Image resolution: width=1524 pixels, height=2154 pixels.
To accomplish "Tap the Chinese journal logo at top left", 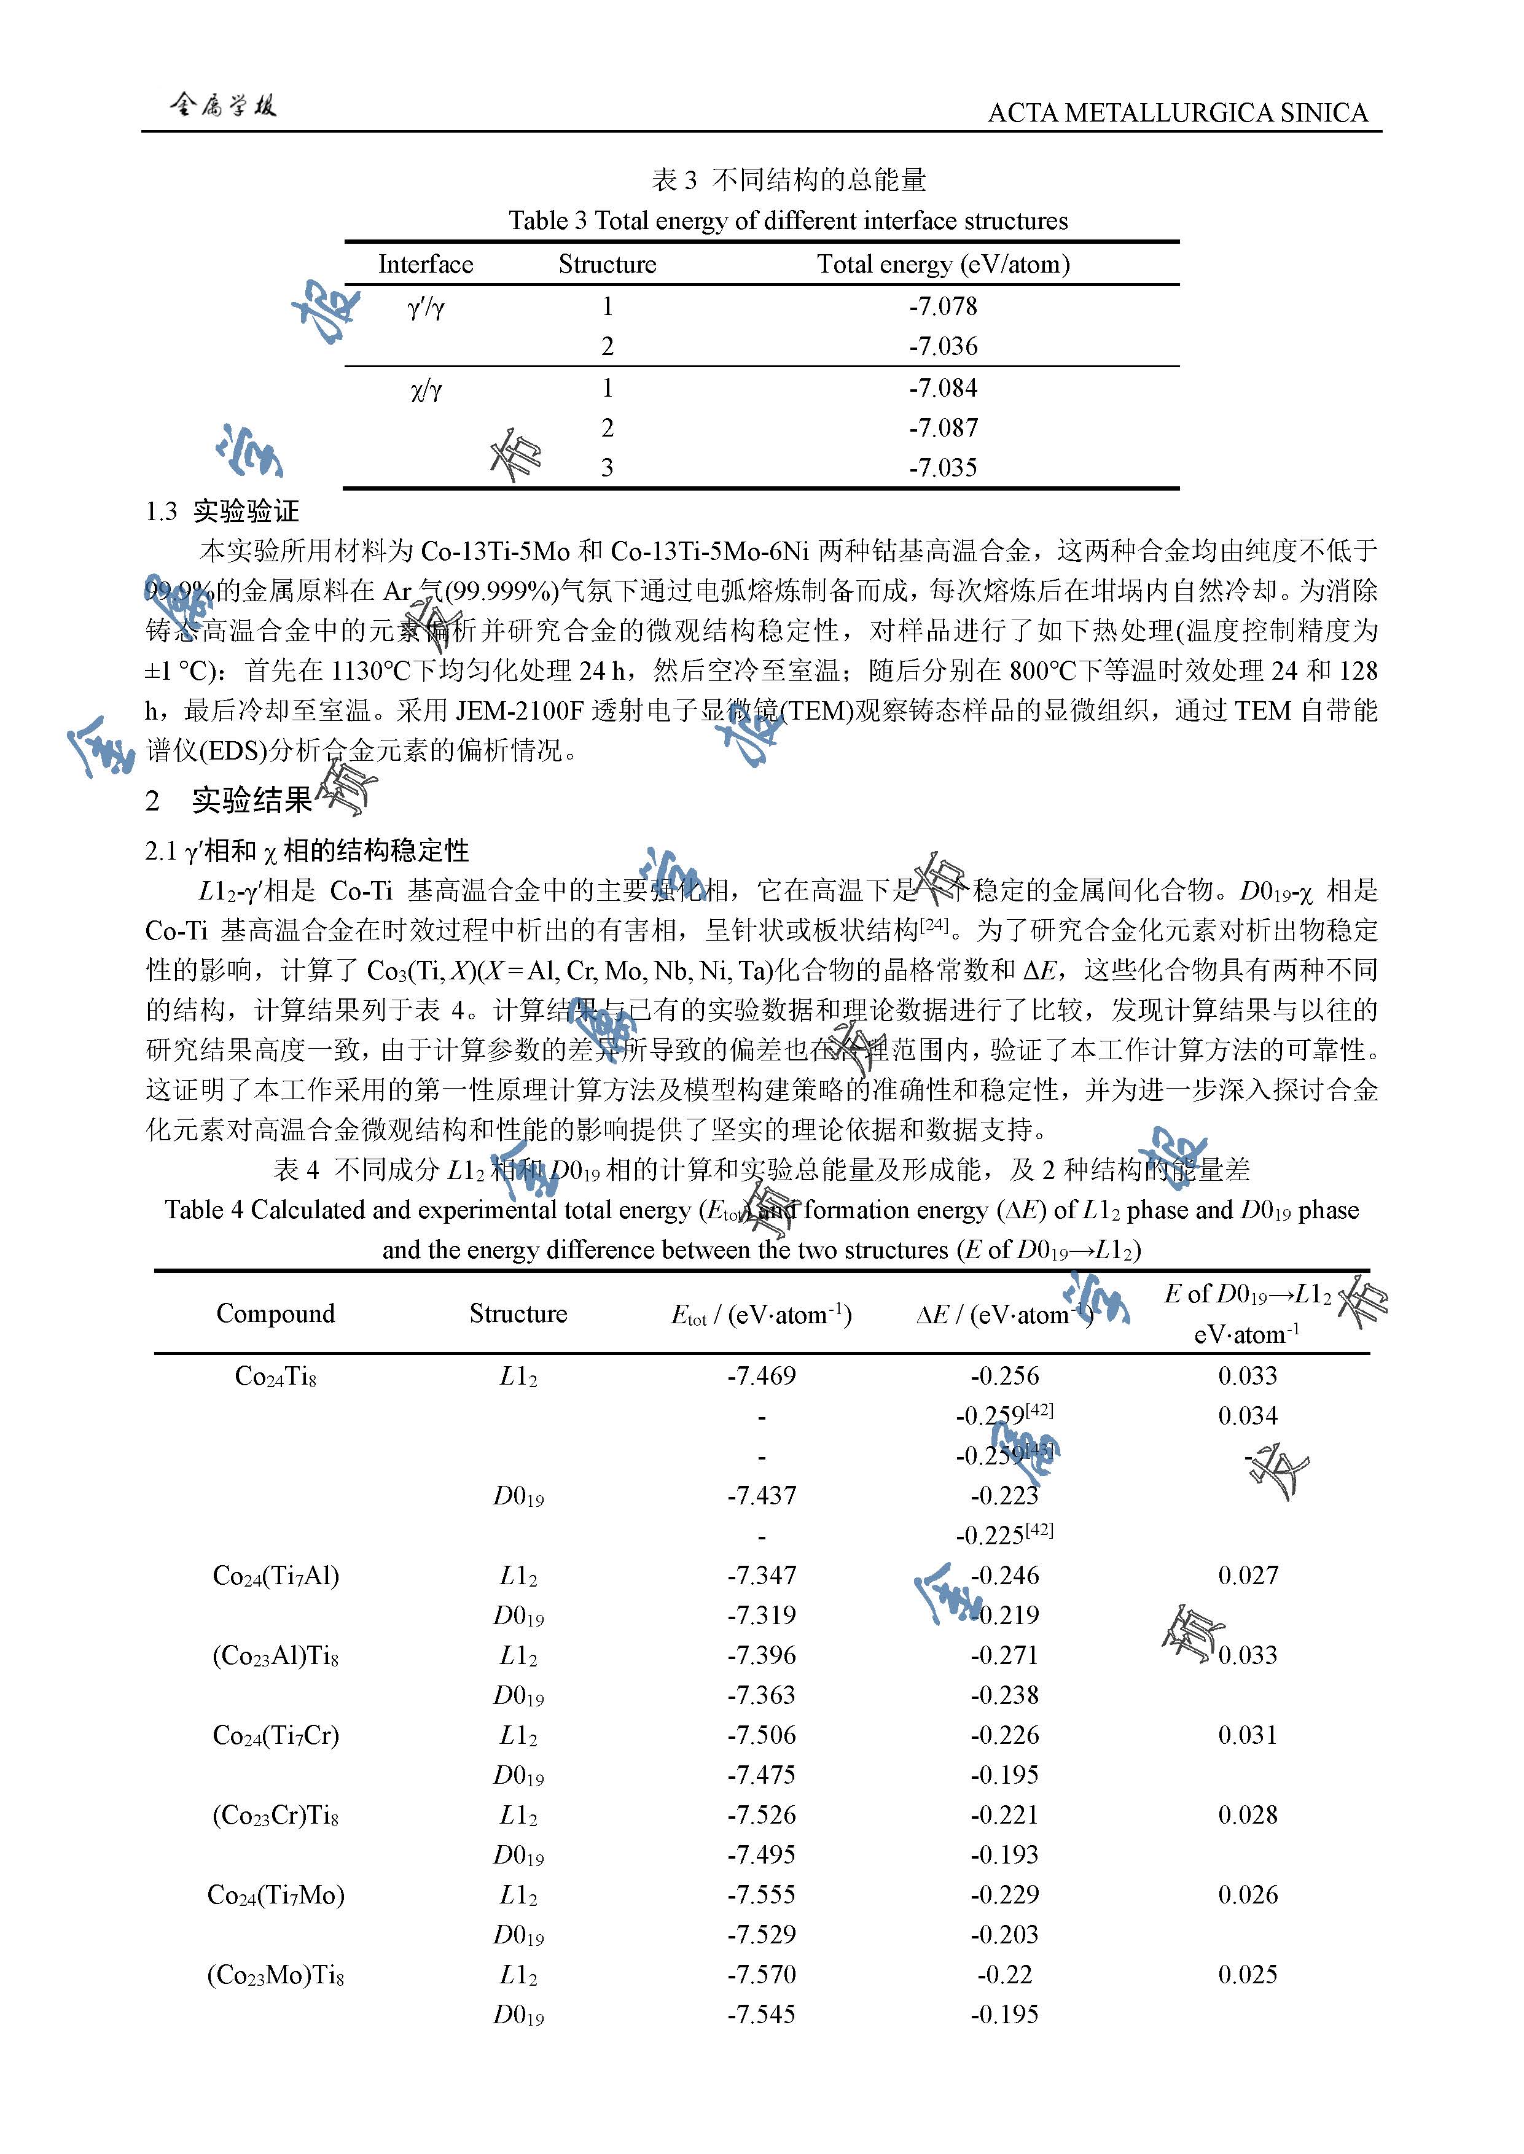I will pyautogui.click(x=224, y=105).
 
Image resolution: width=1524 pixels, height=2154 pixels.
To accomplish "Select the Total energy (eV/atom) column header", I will pyautogui.click(x=943, y=265).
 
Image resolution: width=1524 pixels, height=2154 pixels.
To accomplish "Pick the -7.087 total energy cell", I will pyautogui.click(x=943, y=428).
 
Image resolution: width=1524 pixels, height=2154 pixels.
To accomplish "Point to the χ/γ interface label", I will pyautogui.click(x=425, y=389).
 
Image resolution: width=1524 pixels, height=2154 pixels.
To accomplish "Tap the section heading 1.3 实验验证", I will pyautogui.click(x=222, y=511).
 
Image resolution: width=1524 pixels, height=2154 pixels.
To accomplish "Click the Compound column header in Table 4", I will pyautogui.click(x=275, y=1313).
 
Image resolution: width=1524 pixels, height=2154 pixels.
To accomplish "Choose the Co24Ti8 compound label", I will pyautogui.click(x=275, y=1376).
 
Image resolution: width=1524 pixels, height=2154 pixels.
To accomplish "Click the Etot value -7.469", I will pyautogui.click(x=761, y=1376).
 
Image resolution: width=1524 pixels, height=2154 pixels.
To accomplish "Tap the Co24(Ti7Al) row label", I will pyautogui.click(x=275, y=1575).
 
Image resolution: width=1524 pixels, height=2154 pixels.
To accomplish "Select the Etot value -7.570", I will pyautogui.click(x=761, y=1974).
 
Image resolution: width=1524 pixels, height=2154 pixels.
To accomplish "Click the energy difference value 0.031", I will pyautogui.click(x=1247, y=1735).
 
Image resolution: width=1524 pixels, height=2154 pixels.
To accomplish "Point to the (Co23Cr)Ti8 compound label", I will pyautogui.click(x=275, y=1814).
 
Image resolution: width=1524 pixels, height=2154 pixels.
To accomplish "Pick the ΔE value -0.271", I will pyautogui.click(x=1004, y=1655).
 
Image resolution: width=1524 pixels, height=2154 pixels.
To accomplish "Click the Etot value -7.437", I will pyautogui.click(x=761, y=1495).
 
